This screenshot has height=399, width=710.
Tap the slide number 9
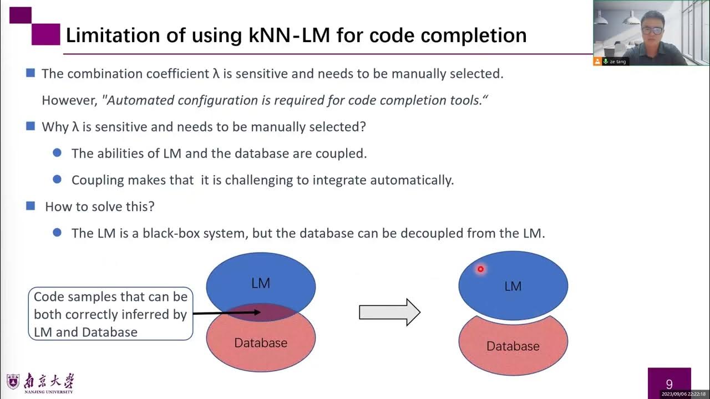pyautogui.click(x=669, y=384)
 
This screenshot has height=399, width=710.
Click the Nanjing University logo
pyautogui.click(x=40, y=383)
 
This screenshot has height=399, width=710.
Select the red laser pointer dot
pyautogui.click(x=480, y=269)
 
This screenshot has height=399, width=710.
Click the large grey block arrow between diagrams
pyautogui.click(x=389, y=312)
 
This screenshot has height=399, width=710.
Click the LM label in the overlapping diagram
pyautogui.click(x=260, y=283)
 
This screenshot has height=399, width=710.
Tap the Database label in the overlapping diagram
pyautogui.click(x=261, y=343)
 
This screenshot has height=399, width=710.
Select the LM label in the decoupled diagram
pyautogui.click(x=513, y=287)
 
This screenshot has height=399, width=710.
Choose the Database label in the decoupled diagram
pyautogui.click(x=513, y=346)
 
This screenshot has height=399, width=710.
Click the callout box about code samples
pyautogui.click(x=110, y=314)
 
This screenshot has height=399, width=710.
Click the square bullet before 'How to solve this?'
pyautogui.click(x=31, y=206)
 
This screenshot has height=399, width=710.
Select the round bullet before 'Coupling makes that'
pyautogui.click(x=57, y=179)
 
